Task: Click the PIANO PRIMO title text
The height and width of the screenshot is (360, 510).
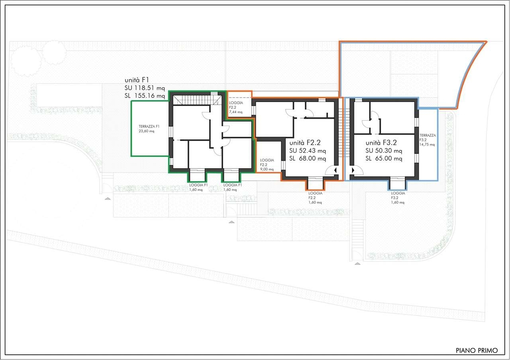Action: [x=477, y=350]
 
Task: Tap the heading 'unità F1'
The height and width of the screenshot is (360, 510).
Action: [x=137, y=80]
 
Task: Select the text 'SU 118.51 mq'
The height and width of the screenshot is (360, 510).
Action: [x=145, y=88]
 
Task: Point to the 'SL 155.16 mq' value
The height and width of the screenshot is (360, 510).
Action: [x=145, y=96]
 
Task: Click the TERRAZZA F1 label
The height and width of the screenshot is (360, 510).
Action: [x=149, y=126]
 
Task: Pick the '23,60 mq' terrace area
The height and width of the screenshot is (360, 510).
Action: [x=146, y=131]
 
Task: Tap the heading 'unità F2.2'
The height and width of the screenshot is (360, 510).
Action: [x=305, y=143]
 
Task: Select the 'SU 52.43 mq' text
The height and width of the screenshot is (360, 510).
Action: [x=308, y=151]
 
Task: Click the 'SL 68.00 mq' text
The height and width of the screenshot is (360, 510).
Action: [x=308, y=158]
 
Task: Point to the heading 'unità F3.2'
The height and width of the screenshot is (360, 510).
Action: [x=381, y=143]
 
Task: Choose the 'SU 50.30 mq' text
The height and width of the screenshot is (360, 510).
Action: [x=384, y=151]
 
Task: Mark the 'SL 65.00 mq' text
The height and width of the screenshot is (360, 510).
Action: [x=384, y=158]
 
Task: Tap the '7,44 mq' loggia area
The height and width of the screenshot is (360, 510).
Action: [x=235, y=112]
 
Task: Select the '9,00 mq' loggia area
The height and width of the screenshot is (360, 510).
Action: [x=267, y=169]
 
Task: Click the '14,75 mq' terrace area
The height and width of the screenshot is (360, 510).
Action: [x=427, y=144]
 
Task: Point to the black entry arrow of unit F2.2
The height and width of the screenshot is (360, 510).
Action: [x=335, y=170]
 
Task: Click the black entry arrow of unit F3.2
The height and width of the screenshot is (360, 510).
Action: [x=353, y=170]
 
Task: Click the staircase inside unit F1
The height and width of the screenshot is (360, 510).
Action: [x=197, y=100]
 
